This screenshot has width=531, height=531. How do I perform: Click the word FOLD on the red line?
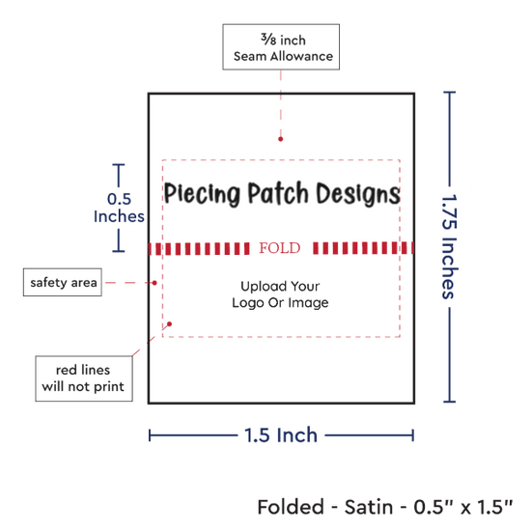click(280, 248)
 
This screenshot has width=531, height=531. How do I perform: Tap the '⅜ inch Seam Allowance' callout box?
click(281, 47)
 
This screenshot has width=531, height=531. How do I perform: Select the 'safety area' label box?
click(63, 283)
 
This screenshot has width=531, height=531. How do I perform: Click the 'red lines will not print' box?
click(84, 378)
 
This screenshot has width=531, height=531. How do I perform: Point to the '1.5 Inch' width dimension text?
click(281, 435)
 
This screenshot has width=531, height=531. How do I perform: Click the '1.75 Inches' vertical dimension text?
click(450, 247)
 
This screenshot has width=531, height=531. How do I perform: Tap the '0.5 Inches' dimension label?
click(119, 208)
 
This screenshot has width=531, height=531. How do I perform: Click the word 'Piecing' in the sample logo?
click(202, 194)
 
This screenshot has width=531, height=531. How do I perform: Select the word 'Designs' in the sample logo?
click(358, 194)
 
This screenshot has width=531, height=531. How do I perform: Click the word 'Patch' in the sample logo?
click(278, 193)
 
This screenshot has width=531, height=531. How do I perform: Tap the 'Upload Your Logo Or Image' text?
click(280, 294)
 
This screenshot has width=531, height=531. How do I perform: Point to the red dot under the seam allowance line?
click(280, 139)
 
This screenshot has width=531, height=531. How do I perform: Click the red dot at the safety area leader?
click(154, 283)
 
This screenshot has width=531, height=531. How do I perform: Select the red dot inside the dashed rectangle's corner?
click(169, 324)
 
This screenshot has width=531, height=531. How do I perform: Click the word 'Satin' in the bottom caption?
click(369, 507)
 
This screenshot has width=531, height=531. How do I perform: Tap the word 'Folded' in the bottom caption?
click(291, 507)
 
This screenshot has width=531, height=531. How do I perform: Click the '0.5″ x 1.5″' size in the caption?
click(463, 507)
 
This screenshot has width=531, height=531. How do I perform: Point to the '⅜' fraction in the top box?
click(268, 39)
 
